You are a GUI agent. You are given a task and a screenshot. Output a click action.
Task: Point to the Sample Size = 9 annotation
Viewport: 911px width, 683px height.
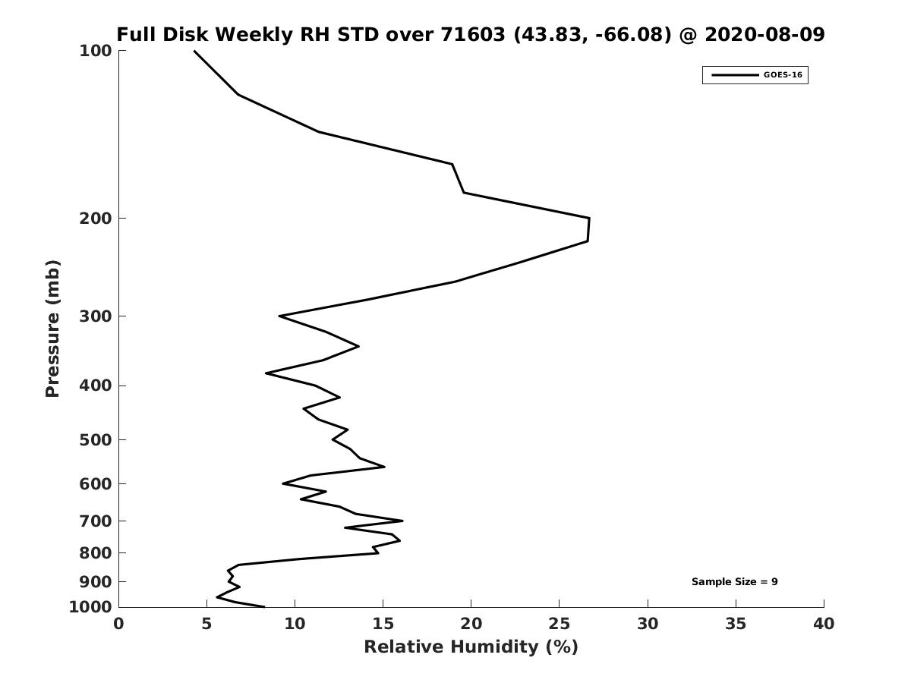734,582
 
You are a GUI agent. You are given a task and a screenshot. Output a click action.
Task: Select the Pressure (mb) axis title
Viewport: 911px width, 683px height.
52,329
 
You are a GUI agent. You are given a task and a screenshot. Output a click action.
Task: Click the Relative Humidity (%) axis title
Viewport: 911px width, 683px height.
471,647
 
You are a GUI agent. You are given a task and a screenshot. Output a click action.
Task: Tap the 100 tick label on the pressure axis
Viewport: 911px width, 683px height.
96,51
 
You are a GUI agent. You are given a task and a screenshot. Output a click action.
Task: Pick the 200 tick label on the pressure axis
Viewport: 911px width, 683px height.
96,219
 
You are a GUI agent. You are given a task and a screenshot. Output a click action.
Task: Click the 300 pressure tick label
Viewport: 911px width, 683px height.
96,316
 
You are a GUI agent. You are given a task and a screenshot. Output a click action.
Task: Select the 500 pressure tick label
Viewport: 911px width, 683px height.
96,440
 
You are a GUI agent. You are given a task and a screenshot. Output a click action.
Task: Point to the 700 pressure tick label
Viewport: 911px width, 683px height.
96,521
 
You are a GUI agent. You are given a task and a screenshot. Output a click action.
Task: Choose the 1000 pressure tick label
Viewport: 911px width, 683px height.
90,607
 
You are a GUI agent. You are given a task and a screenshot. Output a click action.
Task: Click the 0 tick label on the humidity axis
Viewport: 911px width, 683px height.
118,625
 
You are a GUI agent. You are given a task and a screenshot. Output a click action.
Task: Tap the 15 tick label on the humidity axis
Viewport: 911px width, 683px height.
383,625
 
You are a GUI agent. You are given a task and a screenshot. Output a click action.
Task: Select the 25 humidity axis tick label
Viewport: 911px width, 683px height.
560,625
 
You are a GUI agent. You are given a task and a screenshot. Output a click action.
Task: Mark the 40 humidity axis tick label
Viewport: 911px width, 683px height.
824,625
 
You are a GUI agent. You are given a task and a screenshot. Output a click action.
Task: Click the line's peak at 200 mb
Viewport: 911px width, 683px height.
589,219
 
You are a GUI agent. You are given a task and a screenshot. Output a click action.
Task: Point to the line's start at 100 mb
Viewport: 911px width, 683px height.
194,51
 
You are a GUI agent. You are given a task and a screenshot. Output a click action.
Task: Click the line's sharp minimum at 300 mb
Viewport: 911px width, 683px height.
279,316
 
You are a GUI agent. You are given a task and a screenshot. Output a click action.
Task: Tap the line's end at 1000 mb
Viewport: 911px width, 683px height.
264,606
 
